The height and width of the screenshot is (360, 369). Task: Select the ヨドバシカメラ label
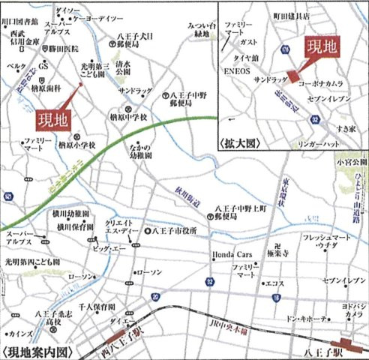[x=349, y=310]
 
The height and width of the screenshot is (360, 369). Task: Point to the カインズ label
[x=21, y=332]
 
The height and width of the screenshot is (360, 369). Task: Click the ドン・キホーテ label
[x=304, y=319]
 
